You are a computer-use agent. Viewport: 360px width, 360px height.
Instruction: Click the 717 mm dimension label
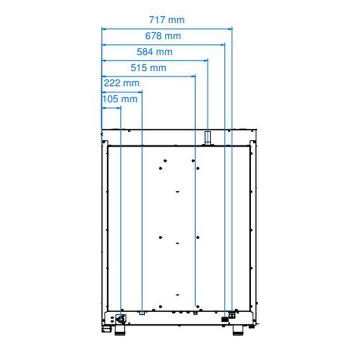click(166, 20)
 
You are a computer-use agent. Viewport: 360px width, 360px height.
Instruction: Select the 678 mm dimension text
click(163, 36)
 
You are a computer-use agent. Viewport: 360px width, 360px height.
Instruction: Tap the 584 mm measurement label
click(154, 52)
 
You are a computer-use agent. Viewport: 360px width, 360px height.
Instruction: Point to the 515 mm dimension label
click(148, 68)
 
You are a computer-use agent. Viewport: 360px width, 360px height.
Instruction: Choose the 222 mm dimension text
click(121, 83)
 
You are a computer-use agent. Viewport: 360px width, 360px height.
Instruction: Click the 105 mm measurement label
click(120, 99)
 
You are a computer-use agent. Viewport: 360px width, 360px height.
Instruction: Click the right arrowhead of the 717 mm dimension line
click(230, 29)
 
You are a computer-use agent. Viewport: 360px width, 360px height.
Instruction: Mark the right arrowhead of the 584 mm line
click(206, 61)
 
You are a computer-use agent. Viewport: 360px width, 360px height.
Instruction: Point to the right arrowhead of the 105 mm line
click(119, 108)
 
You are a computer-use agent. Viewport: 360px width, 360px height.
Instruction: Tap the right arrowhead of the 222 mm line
click(140, 92)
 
